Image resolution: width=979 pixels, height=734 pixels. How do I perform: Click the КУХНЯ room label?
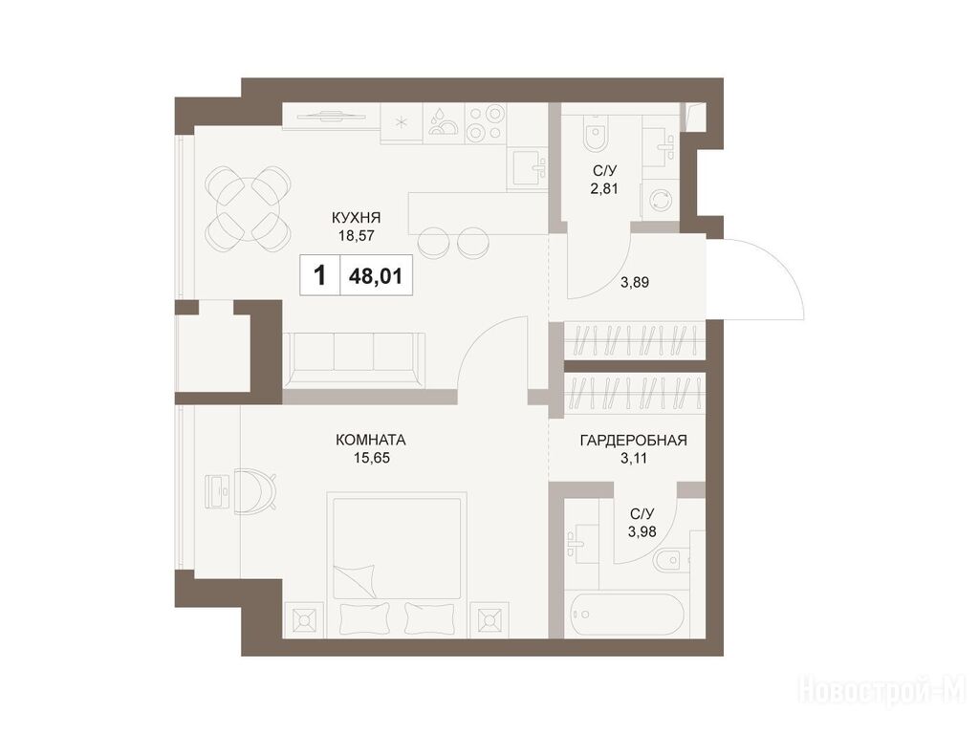(x=356, y=218)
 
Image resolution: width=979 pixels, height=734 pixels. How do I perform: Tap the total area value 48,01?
(x=375, y=275)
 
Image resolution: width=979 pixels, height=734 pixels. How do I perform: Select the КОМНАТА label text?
(x=371, y=440)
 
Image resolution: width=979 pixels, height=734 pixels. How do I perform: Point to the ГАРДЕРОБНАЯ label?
(x=633, y=440)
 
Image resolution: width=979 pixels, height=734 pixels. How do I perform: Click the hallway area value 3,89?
(x=635, y=282)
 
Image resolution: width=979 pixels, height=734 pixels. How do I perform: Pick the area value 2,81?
(x=604, y=188)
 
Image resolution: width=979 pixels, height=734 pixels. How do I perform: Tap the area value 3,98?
(x=642, y=531)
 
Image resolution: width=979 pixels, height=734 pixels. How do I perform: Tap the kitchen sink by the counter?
(x=528, y=167)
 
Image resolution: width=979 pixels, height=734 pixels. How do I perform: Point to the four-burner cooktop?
(x=485, y=122)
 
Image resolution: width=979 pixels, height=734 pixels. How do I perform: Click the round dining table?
(x=250, y=207)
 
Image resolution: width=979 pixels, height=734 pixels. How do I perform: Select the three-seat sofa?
(x=354, y=359)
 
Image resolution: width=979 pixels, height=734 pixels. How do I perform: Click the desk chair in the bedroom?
(x=256, y=491)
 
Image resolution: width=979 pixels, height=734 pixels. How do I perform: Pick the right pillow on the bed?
(x=425, y=618)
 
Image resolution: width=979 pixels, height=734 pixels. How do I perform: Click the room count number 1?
(x=320, y=274)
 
